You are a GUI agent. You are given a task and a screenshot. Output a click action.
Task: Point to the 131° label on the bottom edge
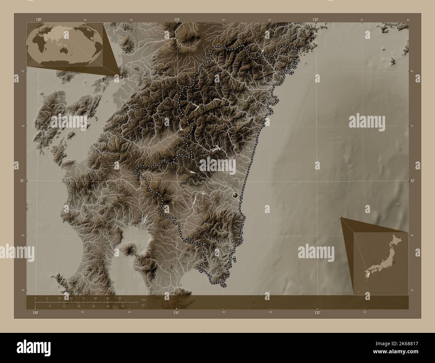coord(176,312)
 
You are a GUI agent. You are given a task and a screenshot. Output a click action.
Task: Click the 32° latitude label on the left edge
coord(22,180)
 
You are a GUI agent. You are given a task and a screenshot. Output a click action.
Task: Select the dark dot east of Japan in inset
coord(394,262)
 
